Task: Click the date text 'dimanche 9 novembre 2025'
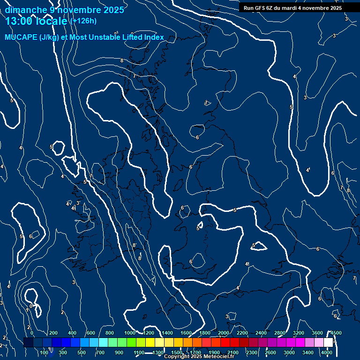pyautogui.click(x=65, y=10)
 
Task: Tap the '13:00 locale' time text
pyautogui.click(x=37, y=21)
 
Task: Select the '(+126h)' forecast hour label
pyautogui.click(x=83, y=21)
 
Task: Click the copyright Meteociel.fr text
pyautogui.click(x=199, y=357)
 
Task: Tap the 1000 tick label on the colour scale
pyautogui.click(x=130, y=333)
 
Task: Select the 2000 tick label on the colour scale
pyautogui.click(x=224, y=333)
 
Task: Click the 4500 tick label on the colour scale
pyautogui.click(x=336, y=333)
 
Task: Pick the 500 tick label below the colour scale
pyautogui.click(x=81, y=352)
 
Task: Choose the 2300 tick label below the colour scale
pyautogui.click(x=252, y=352)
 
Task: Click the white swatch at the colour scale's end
pyautogui.click(x=328, y=342)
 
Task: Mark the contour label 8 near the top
pyautogui.click(x=122, y=60)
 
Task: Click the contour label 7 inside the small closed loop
pyautogui.click(x=206, y=103)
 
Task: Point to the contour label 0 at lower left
pyautogui.click(x=31, y=306)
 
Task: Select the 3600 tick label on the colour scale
pyautogui.click(x=317, y=333)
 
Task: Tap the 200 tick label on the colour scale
pyautogui.click(x=53, y=333)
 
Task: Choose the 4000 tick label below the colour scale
pyautogui.click(x=327, y=352)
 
